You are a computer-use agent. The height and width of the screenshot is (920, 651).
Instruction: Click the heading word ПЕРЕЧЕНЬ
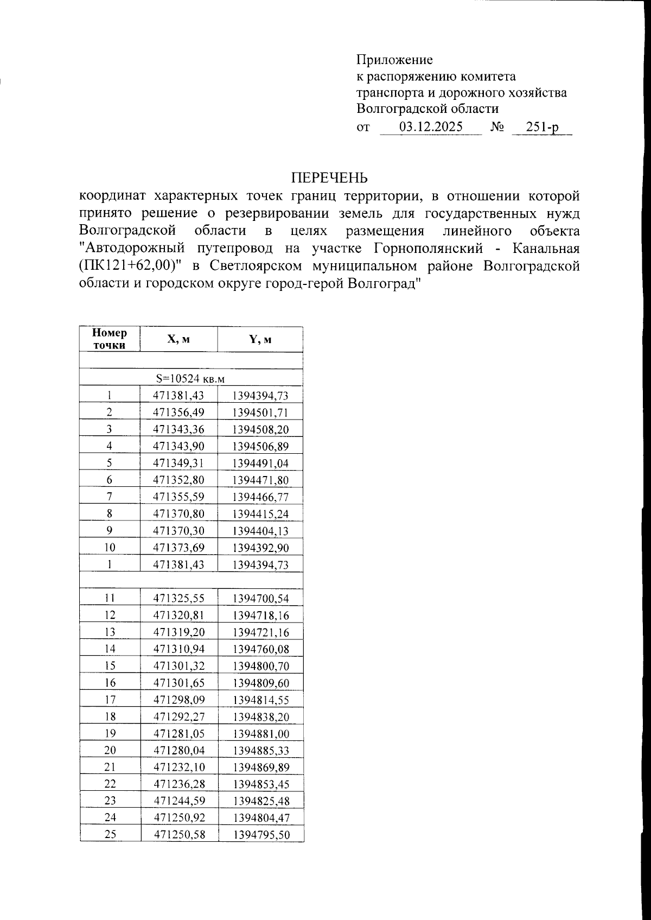329,178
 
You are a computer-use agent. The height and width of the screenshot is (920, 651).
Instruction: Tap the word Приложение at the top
394,59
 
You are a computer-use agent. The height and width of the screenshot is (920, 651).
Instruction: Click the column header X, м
178,339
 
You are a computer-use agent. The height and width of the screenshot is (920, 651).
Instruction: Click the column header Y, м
260,339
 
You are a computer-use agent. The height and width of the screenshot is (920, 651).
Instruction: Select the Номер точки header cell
110,339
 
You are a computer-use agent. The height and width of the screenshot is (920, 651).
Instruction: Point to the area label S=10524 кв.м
190,378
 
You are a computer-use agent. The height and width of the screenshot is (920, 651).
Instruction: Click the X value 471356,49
178,413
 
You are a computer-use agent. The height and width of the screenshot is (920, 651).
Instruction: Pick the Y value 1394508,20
260,429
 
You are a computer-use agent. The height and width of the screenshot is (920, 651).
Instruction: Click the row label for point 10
110,547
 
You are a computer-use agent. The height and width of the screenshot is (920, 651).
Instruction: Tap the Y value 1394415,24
260,513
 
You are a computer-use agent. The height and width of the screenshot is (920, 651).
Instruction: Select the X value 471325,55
178,599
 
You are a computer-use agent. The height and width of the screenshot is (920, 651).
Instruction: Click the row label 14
110,649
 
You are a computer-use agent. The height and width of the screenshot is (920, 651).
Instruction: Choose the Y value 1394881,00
260,734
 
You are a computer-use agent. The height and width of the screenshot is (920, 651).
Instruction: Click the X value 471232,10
178,767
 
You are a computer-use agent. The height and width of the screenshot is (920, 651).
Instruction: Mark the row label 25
110,835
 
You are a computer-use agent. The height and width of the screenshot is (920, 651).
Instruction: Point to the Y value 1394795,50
260,835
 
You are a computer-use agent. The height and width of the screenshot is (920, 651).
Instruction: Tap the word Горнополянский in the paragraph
429,249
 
